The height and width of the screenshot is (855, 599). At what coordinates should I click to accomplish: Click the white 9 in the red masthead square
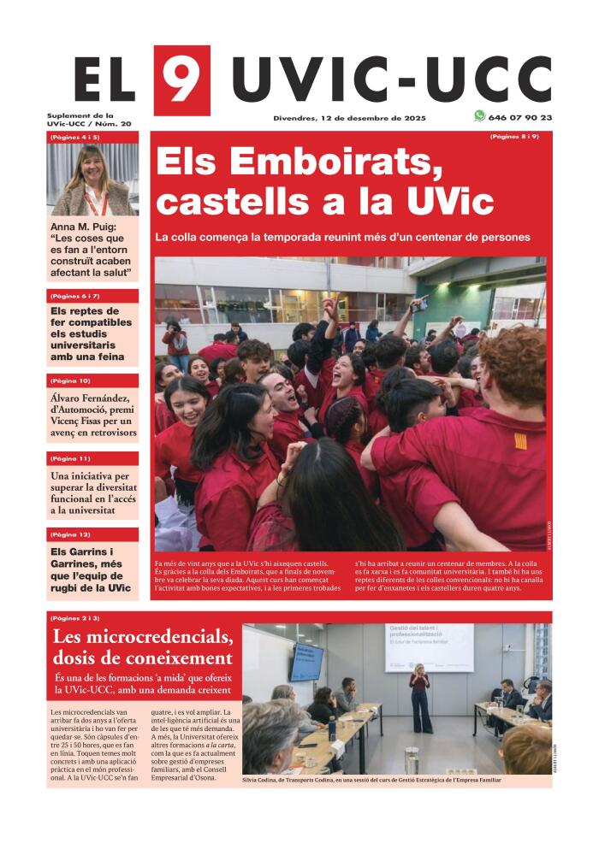tap(181, 79)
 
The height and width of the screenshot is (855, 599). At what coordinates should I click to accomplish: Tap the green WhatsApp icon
tap(479, 116)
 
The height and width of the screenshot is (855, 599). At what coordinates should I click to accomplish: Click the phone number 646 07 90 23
tap(521, 117)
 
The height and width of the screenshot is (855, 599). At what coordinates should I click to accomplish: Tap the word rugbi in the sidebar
tap(66, 587)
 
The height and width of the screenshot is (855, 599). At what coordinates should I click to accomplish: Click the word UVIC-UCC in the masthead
tap(391, 80)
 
